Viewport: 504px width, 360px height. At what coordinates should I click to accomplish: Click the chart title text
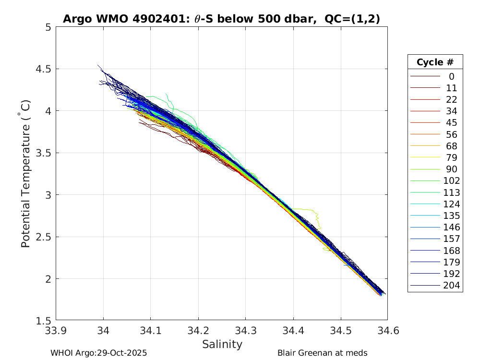222,19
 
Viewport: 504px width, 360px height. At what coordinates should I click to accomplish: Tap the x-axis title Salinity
222,344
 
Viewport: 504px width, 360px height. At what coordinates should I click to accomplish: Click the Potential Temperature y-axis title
26,174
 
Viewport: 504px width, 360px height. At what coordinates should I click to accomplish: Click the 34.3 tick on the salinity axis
245,331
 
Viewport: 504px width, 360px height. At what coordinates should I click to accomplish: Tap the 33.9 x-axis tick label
56,331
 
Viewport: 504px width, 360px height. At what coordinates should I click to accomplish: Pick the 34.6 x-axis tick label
387,331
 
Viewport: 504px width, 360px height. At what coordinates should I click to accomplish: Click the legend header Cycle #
435,62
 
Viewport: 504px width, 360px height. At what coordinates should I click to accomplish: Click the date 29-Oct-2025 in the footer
122,353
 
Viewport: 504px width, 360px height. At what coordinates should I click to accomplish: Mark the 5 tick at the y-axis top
48,27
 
